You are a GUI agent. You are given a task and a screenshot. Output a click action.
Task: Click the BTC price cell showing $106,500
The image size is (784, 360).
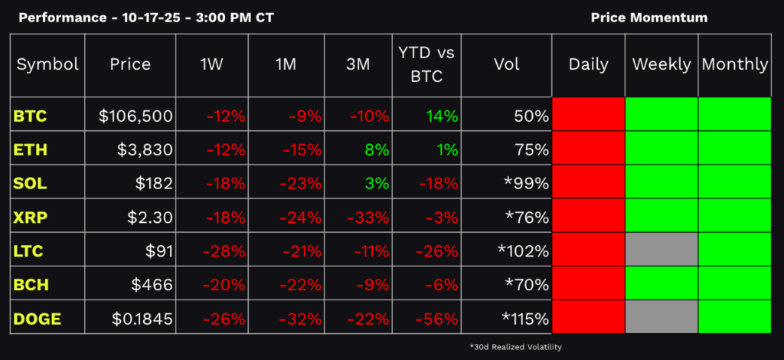coord(136,116)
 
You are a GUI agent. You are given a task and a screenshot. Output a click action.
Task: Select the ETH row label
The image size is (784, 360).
coord(30,150)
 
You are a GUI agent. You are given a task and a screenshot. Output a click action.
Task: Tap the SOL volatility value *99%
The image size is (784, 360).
coord(526,184)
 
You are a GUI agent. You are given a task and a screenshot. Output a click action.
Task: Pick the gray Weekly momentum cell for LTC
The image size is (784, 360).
coord(661,250)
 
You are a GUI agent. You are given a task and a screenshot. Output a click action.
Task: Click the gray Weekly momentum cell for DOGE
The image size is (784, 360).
coord(661,316)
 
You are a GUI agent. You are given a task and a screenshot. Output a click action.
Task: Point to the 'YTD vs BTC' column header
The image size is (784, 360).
coord(426,64)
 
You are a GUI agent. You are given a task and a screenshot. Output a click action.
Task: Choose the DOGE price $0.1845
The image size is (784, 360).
coord(142,318)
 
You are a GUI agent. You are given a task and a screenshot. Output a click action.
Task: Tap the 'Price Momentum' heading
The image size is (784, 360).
coord(649,18)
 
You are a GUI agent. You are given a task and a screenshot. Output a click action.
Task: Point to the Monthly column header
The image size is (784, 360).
coord(734,64)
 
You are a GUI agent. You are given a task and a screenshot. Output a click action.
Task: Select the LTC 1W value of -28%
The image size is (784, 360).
coord(224,250)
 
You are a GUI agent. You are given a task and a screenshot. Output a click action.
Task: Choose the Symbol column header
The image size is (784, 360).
coord(47,64)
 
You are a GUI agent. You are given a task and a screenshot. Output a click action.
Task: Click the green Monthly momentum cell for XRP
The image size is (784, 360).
coord(734,216)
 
